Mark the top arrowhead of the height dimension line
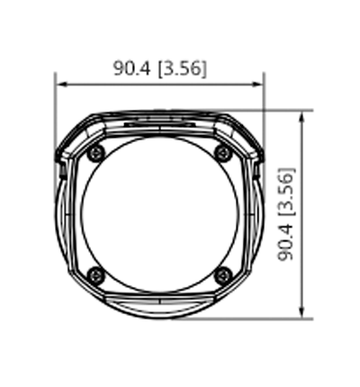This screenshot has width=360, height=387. coord(305,114)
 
